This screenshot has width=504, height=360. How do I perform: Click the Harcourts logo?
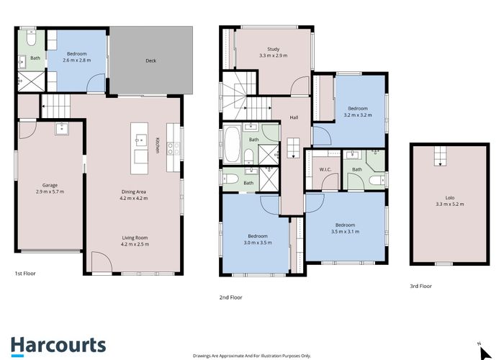point(58,345)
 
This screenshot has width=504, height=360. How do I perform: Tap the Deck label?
point(150,61)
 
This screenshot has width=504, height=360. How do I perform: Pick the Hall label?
point(294,117)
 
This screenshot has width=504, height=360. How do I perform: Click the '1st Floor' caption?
point(25,274)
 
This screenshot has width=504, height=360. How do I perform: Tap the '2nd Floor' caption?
point(230,297)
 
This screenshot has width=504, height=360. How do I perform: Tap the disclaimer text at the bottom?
point(251,355)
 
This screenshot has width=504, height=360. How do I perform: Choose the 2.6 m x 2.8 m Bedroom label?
point(78,57)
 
